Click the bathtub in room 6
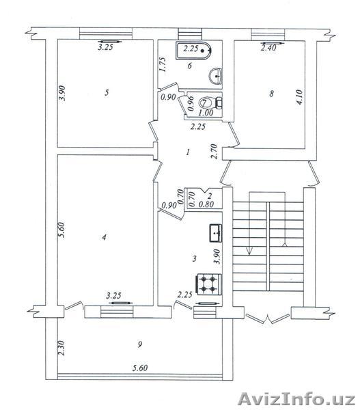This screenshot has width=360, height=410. (x=194, y=51)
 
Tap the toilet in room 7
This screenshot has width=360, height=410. (x=210, y=102)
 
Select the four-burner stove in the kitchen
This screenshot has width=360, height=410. (x=209, y=284)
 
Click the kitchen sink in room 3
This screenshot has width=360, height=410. (x=216, y=233)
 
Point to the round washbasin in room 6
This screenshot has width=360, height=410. (x=215, y=76)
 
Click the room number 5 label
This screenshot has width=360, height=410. (x=107, y=92)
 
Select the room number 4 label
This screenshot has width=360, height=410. (x=105, y=237)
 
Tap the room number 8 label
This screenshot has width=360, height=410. (x=272, y=94)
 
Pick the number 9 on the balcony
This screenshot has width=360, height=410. (x=140, y=344)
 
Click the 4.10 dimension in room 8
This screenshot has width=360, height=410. (x=299, y=97)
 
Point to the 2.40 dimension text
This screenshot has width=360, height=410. (x=268, y=48)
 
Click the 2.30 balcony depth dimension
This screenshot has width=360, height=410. (x=61, y=348)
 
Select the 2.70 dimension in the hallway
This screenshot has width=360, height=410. (x=214, y=151)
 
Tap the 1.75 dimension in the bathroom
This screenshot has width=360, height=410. (x=163, y=65)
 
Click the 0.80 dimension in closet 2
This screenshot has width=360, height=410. (x=206, y=204)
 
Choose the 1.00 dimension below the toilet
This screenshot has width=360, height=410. (x=206, y=113)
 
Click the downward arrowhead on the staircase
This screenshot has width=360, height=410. (x=249, y=251)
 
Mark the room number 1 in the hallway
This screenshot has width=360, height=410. (x=188, y=152)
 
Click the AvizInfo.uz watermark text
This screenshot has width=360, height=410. (x=296, y=400)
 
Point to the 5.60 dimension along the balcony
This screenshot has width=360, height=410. (x=140, y=368)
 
